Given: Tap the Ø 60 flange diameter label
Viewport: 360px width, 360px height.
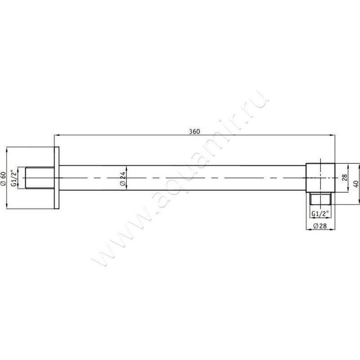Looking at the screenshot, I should [4, 179].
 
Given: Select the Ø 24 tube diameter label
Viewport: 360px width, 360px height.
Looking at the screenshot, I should [122, 179].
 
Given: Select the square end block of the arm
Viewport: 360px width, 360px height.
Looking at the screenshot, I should [321, 178].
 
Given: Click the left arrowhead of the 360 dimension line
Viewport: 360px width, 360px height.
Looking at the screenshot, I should [56, 135].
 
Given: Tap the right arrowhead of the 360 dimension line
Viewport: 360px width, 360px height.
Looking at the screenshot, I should [333, 135].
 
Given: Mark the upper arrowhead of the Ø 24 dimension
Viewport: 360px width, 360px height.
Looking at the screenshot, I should [127, 167].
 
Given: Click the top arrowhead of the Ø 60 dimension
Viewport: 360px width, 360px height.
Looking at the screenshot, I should [8, 149].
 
